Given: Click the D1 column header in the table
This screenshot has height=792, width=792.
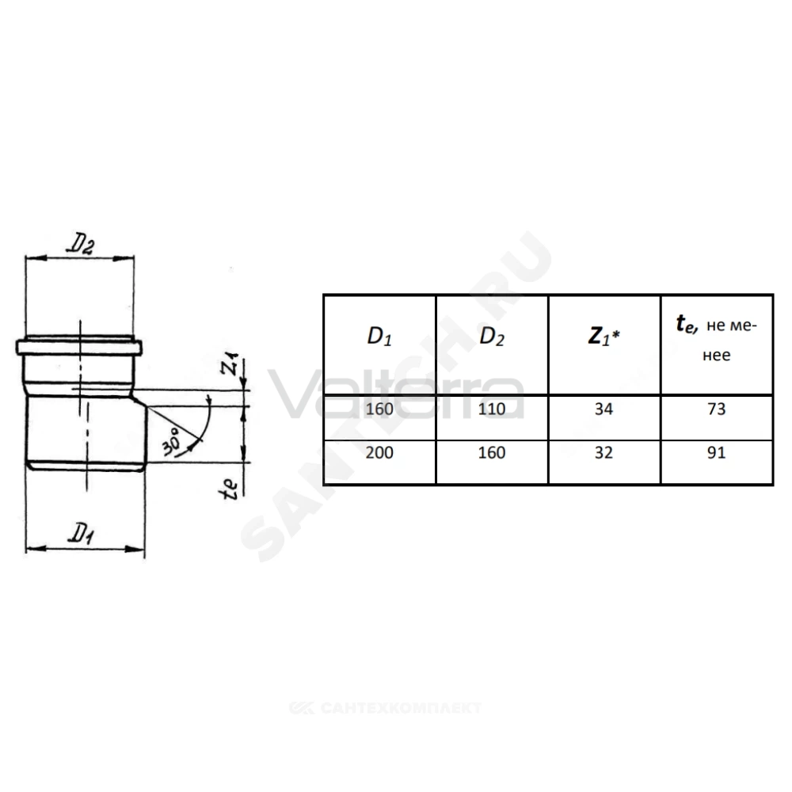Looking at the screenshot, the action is pyautogui.click(x=379, y=337).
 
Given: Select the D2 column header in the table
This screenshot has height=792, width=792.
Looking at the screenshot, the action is pyautogui.click(x=492, y=337).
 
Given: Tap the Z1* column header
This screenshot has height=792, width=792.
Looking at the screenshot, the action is pyautogui.click(x=604, y=337).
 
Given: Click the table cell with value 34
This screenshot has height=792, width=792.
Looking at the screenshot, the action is pyautogui.click(x=604, y=409).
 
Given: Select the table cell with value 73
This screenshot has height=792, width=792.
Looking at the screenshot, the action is pyautogui.click(x=716, y=409).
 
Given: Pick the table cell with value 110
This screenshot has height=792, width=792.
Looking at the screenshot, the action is pyautogui.click(x=492, y=409).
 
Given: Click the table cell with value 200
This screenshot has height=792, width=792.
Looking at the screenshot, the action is pyautogui.click(x=379, y=452).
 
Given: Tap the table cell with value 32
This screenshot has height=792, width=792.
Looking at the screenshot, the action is pyautogui.click(x=604, y=452).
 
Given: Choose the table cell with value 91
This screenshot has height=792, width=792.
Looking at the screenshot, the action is pyautogui.click(x=716, y=452).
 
